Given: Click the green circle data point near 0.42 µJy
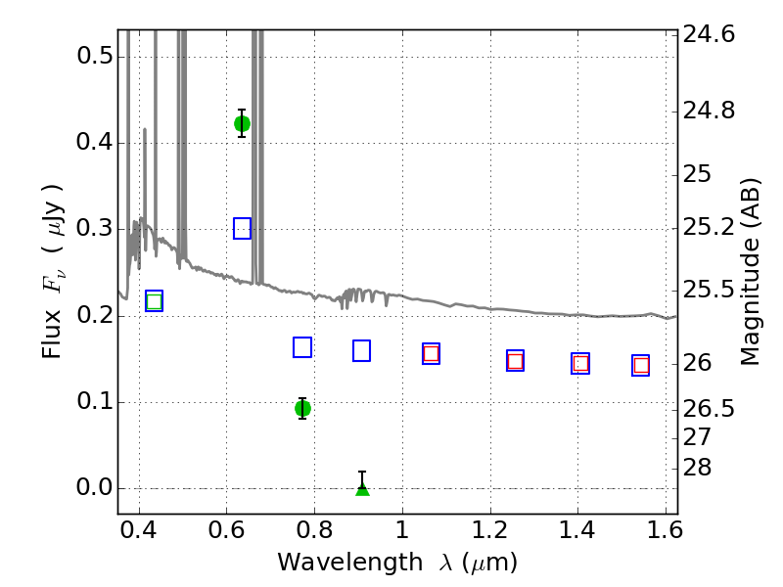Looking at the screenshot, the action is (242, 123).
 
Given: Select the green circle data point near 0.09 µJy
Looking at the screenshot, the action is (302, 409).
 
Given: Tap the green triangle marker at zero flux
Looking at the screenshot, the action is (362, 489).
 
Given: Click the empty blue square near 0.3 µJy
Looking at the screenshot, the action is (242, 229).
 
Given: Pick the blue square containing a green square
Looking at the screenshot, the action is (155, 301).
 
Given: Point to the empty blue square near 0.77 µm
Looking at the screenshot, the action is (302, 347).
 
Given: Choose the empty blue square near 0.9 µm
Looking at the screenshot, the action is (361, 351).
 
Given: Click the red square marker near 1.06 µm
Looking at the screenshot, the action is (431, 354).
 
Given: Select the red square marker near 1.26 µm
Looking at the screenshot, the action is (516, 361).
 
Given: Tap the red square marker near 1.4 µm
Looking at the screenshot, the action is (580, 363).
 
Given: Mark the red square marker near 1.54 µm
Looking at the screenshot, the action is (641, 365).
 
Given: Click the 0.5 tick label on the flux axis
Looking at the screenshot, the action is (95, 56).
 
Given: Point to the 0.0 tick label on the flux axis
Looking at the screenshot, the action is (95, 487).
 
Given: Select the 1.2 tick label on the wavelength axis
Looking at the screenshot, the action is (490, 530).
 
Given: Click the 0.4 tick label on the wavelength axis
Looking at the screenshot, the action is (139, 530).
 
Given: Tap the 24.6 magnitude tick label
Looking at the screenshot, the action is (709, 34).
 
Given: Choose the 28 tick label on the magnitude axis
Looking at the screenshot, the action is (697, 468).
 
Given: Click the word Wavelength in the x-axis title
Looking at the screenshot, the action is (350, 563).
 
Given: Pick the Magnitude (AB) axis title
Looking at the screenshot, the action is (750, 272).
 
